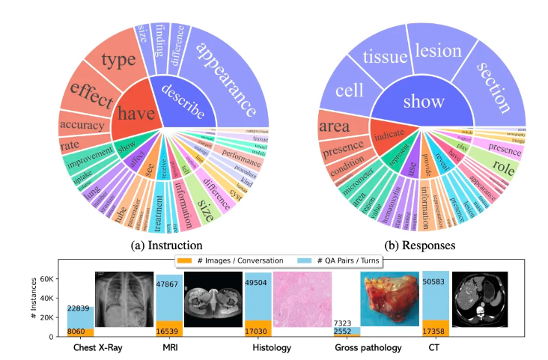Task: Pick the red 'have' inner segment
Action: point(138,112)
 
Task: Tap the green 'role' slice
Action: point(503,170)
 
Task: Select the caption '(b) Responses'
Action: point(423,243)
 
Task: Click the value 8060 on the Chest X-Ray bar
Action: point(80,331)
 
